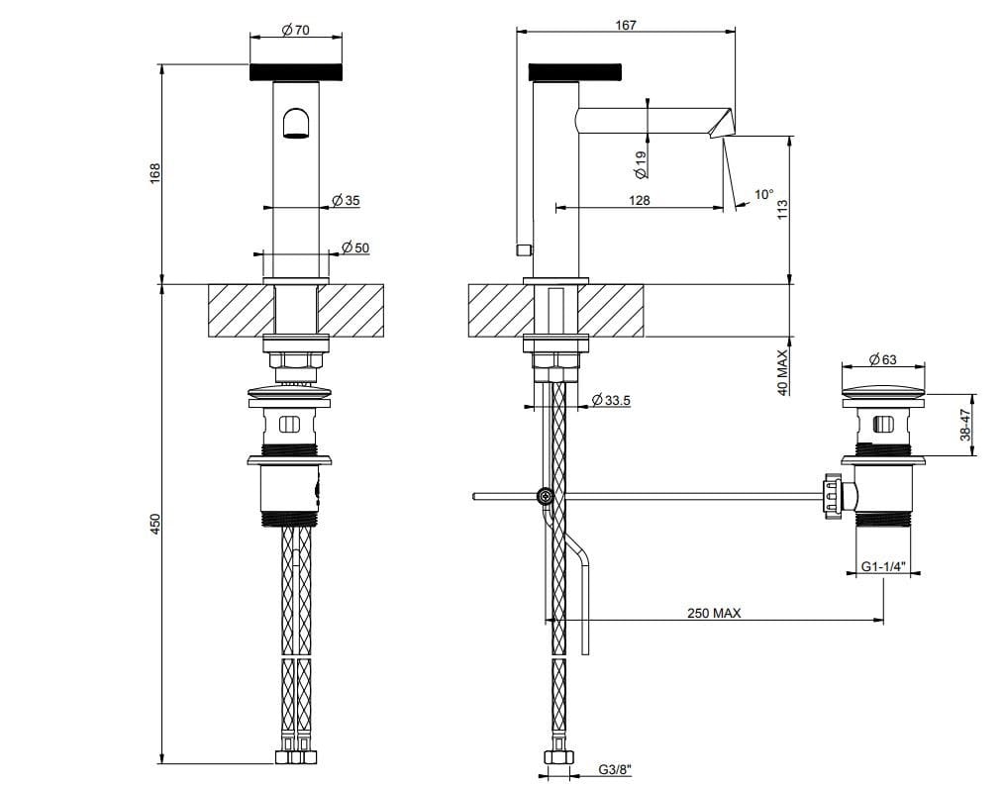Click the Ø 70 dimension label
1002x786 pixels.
[295, 30]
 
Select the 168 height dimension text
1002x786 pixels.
[154, 173]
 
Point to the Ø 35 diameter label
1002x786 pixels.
[346, 200]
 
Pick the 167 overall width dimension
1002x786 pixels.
[625, 25]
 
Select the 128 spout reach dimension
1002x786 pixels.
[639, 200]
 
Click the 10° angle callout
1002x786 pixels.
[763, 194]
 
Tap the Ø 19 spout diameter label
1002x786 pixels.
[640, 163]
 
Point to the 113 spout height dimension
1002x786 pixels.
[781, 212]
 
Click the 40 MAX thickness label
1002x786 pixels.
[781, 372]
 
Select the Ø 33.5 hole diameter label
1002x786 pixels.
[611, 399]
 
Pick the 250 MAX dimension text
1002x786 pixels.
[714, 613]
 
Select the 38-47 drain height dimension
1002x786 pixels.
[963, 426]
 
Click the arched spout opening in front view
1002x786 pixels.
[296, 124]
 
